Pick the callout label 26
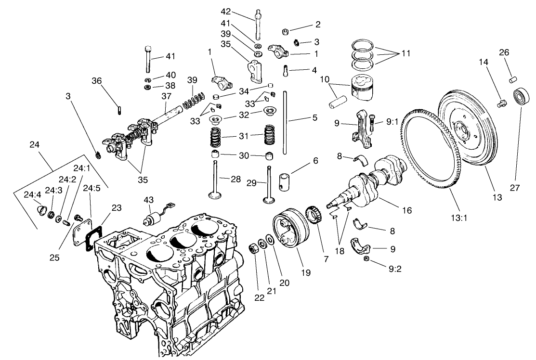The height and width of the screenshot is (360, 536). tap(504, 52)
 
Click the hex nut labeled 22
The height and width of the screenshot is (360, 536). tap(252, 249)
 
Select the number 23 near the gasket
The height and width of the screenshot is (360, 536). tap(117, 208)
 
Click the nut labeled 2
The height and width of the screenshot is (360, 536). tap(285, 32)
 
